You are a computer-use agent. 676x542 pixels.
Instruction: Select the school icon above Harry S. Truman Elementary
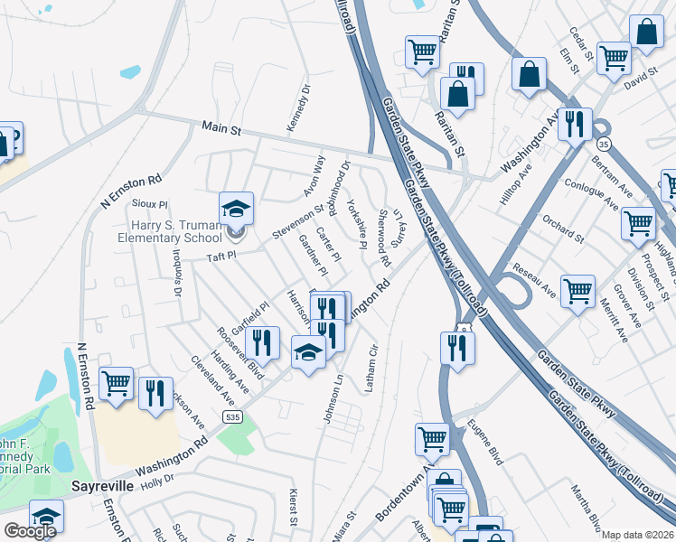point(236,209)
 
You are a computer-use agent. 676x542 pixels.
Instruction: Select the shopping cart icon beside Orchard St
point(638,222)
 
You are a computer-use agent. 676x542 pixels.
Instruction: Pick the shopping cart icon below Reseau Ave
point(577,291)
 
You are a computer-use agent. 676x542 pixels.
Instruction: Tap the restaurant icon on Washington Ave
point(574,124)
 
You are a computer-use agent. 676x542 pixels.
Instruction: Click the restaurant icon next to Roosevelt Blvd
point(262,342)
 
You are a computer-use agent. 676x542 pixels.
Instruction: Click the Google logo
point(30,531)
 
